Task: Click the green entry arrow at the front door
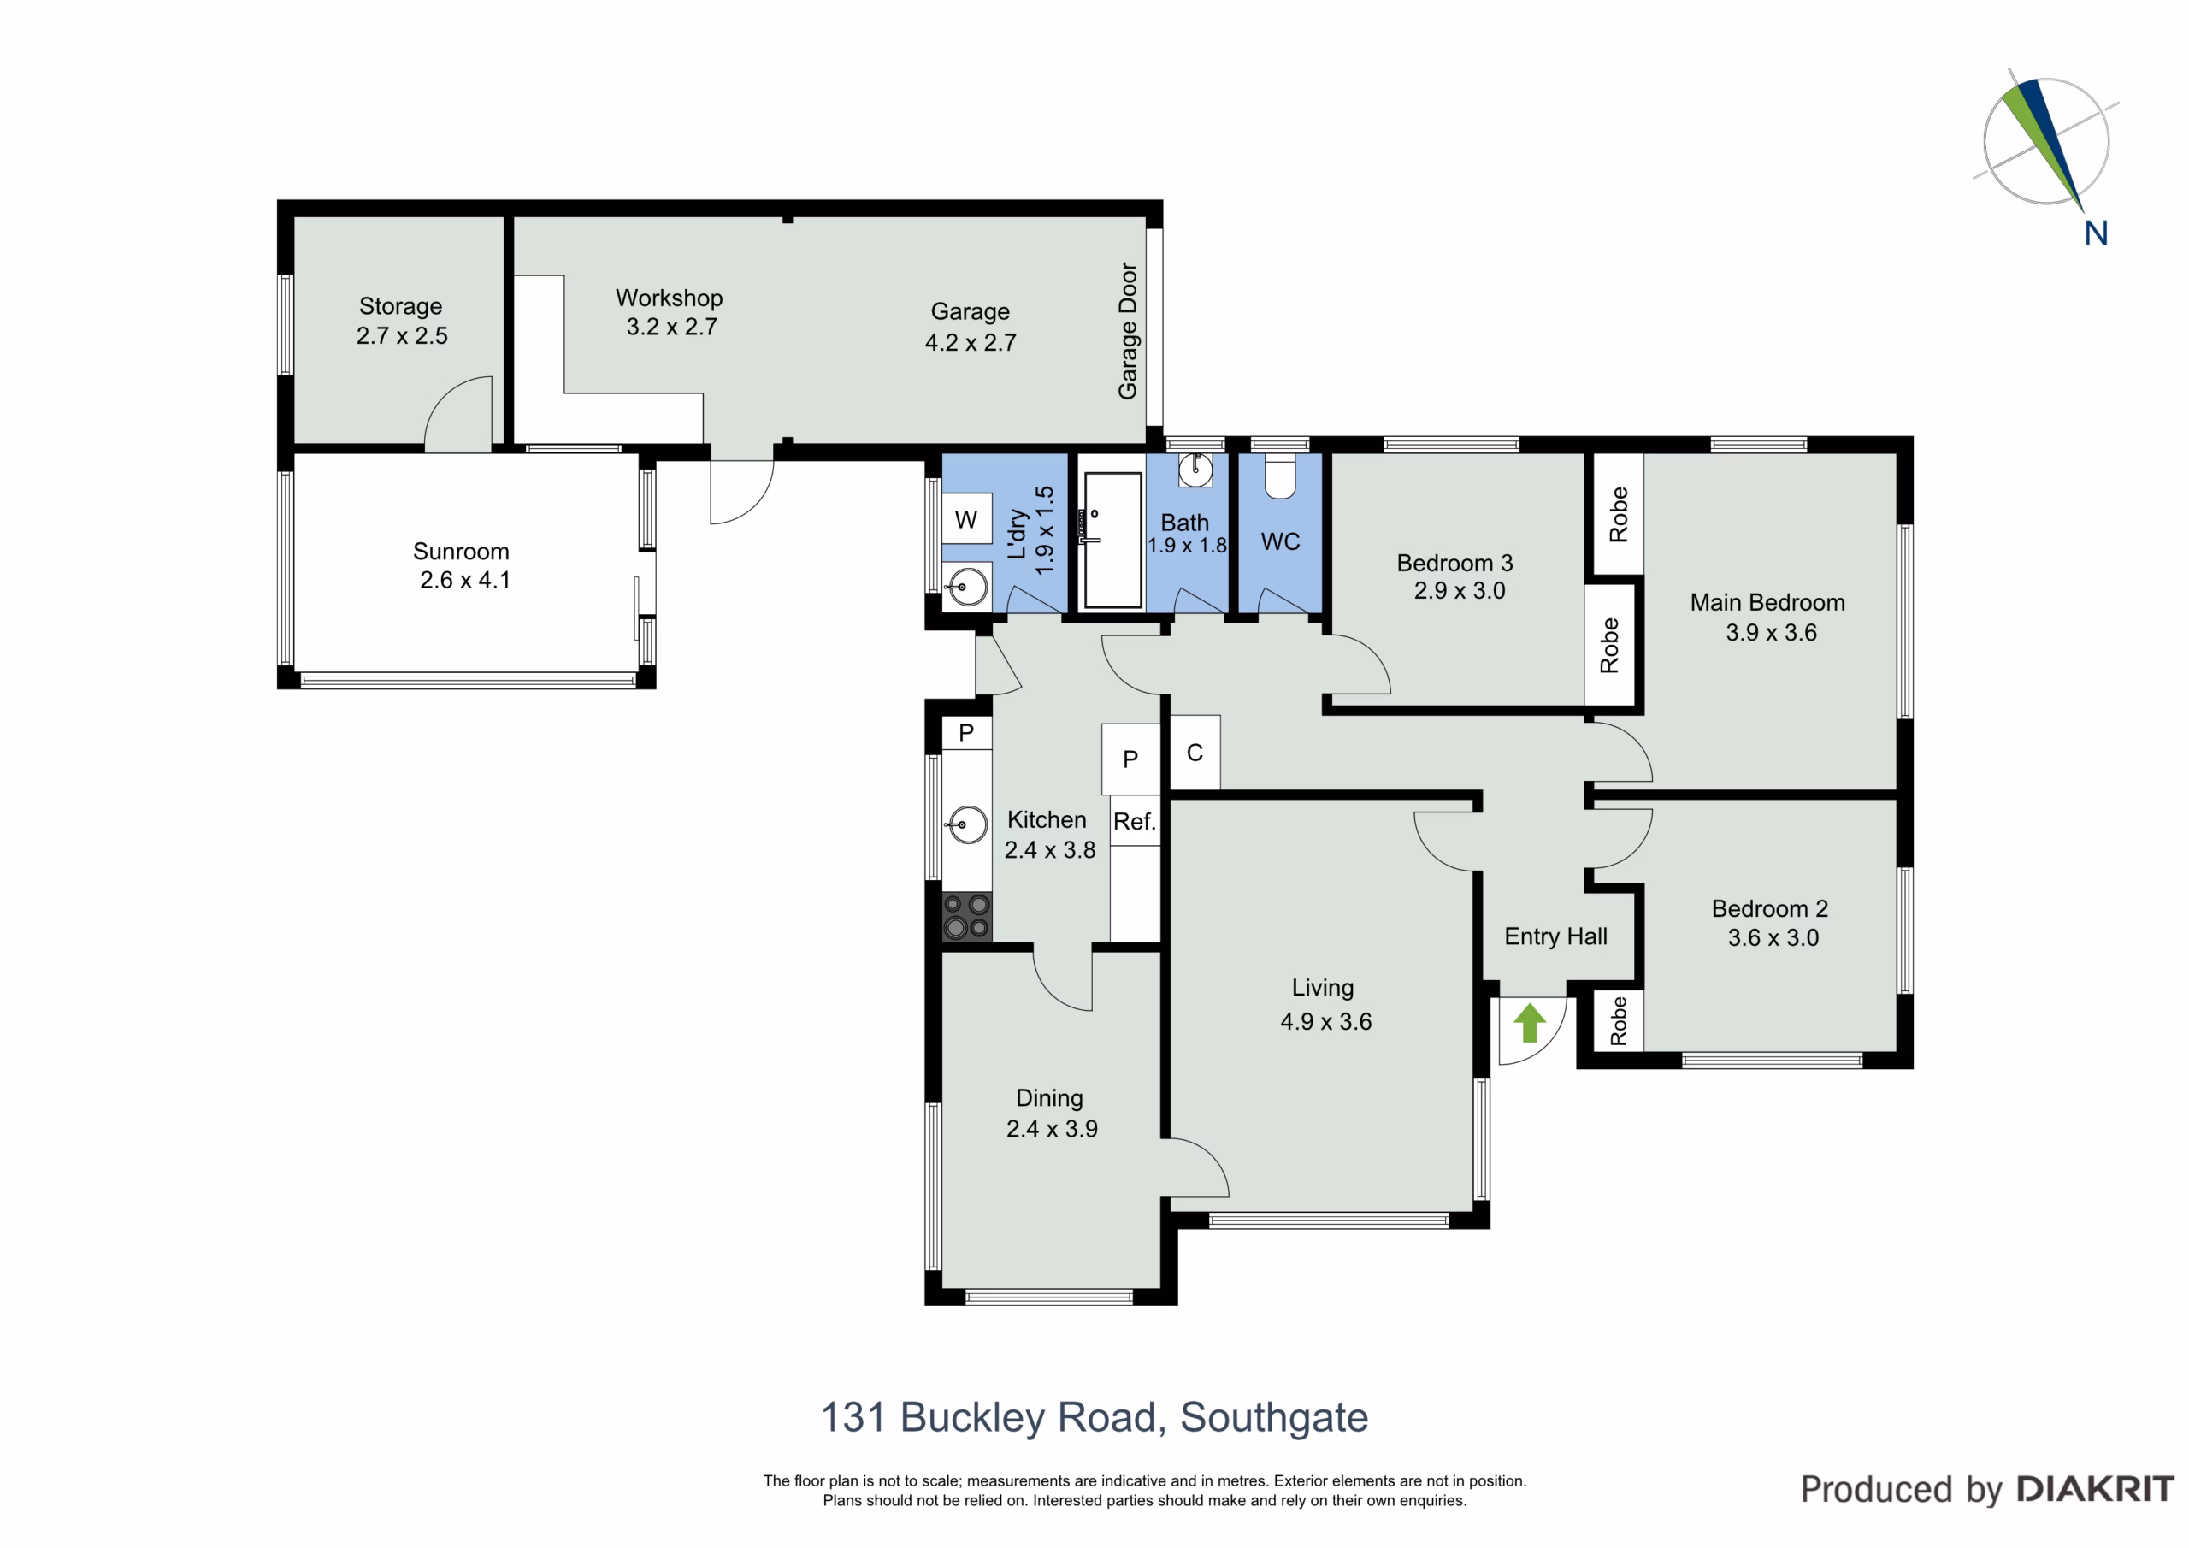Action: [1529, 1023]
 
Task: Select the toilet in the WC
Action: [1279, 476]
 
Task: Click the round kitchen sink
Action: [967, 825]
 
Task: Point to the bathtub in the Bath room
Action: [1112, 540]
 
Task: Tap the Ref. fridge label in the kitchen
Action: [1135, 821]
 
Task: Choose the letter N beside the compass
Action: [2096, 233]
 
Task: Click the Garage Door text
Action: [1128, 331]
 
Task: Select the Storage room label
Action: [400, 306]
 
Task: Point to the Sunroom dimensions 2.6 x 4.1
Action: [465, 580]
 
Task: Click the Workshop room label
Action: [670, 298]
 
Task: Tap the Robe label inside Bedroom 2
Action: [1619, 1021]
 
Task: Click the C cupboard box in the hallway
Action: [1195, 753]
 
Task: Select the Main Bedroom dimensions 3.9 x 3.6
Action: [1772, 632]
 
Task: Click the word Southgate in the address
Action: [1275, 1418]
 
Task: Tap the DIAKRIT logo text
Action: [2096, 1489]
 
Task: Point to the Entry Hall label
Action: [1556, 936]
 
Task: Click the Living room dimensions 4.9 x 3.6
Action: [1326, 1021]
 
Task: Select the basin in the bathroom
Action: [1195, 470]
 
